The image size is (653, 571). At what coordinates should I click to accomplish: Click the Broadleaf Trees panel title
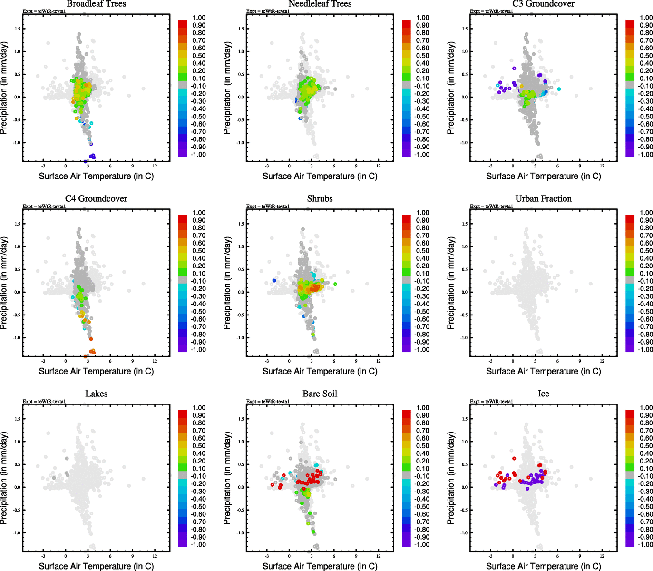coord(96,4)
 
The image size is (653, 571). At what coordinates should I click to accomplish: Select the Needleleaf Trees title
coord(320,4)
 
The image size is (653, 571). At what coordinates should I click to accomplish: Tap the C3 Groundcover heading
coord(543,4)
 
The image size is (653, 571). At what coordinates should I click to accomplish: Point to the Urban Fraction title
coord(543,198)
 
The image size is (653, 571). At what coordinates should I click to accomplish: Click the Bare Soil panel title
coord(320,394)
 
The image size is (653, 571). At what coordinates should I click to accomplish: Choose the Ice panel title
coord(543,394)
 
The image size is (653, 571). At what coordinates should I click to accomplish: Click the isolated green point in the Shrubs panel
coord(335,284)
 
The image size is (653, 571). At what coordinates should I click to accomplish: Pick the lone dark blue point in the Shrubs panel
coord(274,281)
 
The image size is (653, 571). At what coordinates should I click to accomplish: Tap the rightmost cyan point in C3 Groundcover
coord(559,89)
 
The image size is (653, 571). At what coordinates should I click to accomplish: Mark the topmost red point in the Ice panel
coord(514,459)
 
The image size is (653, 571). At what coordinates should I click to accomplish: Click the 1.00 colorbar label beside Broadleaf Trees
coord(199,18)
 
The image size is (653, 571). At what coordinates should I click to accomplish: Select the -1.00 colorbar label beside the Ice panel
coord(645,544)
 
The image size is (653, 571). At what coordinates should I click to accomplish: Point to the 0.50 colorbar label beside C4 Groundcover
coord(199,251)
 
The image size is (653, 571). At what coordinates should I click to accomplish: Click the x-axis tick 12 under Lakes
coord(155,556)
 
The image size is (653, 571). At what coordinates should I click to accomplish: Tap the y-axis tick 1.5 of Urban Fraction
coord(465,224)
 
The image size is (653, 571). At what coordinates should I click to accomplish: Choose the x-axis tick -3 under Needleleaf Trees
coord(267,166)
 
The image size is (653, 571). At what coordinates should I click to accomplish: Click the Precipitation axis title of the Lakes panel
coord(4,478)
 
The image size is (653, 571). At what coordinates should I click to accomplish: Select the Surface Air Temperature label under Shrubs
coord(320,371)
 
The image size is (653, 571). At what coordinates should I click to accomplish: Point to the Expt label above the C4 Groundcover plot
coord(44,206)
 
